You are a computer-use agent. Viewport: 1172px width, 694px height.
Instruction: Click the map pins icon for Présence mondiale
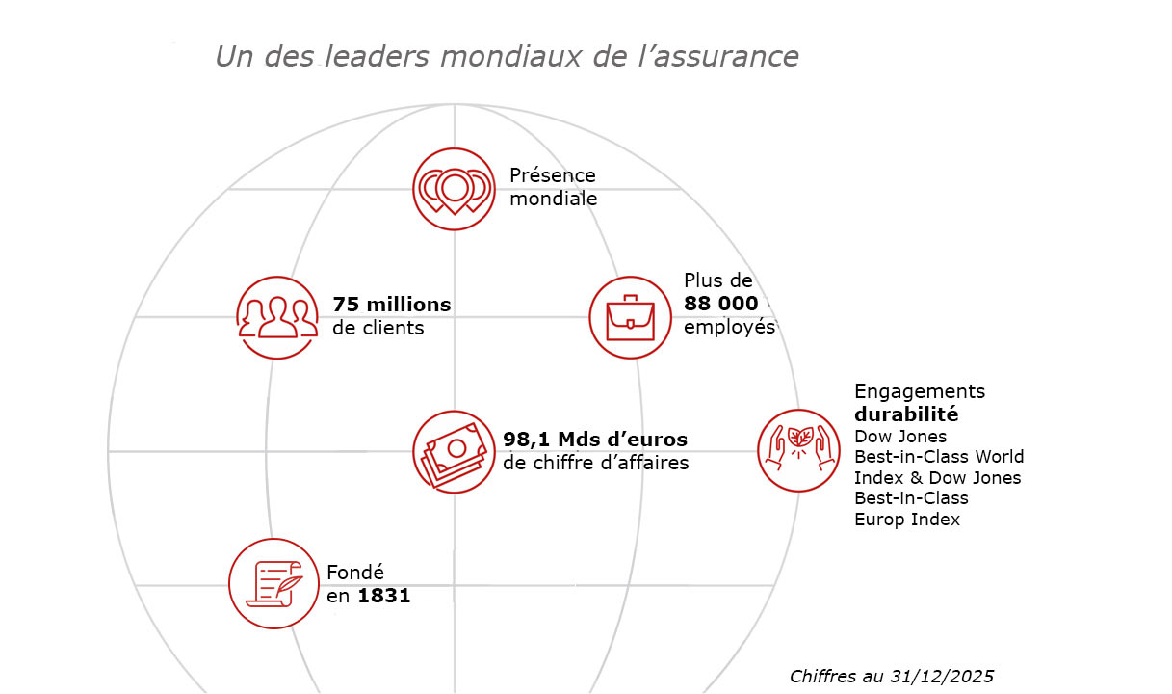454,189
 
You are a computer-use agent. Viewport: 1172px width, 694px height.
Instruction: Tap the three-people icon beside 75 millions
277,317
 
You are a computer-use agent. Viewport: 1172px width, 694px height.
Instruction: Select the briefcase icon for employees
630,317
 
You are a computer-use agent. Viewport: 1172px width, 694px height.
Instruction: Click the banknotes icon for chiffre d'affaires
454,451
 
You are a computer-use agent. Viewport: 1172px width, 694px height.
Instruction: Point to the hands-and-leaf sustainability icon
798,450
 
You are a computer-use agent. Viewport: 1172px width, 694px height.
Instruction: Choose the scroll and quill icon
273,583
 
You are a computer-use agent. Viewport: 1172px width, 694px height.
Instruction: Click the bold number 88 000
720,304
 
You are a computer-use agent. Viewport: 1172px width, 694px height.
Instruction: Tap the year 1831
383,596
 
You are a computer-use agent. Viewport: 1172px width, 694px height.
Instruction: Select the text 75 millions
391,305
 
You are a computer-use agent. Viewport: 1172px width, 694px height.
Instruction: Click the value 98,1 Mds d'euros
595,440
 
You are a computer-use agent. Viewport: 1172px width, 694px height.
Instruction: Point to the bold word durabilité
906,414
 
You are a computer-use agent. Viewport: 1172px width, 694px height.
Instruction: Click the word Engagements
920,391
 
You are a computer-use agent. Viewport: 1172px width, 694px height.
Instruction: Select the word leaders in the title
377,57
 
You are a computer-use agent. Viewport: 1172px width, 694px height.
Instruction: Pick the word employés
729,327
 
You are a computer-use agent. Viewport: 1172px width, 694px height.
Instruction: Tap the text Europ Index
907,520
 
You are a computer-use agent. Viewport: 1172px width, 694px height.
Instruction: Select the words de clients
378,328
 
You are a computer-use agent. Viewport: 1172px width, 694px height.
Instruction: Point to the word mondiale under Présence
553,200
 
